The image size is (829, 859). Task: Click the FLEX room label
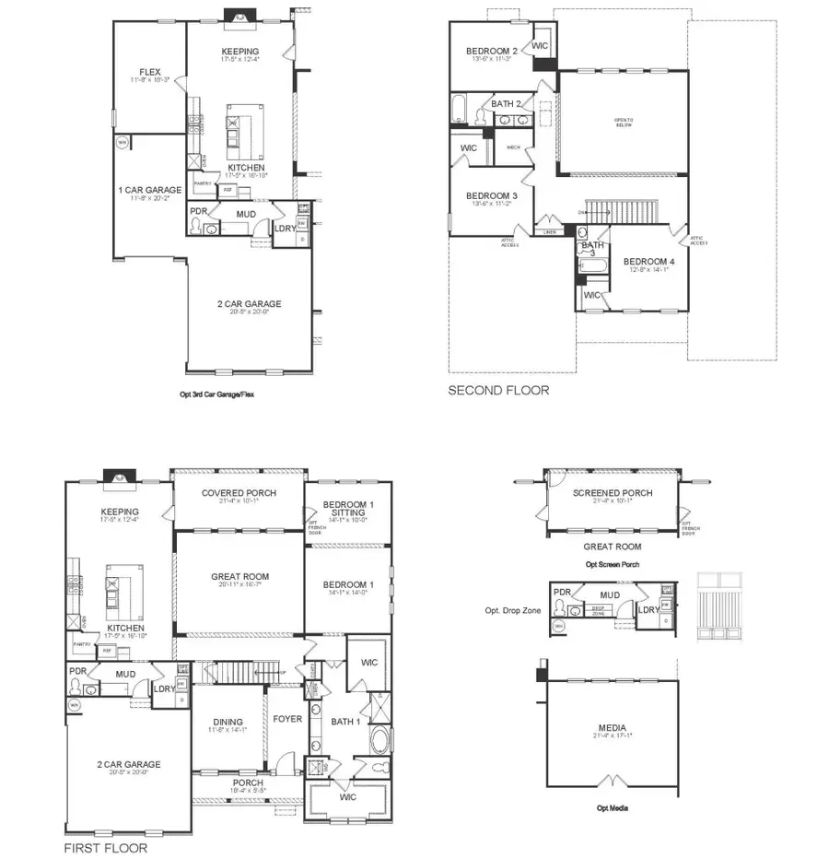click(150, 72)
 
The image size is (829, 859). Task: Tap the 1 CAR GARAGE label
click(150, 190)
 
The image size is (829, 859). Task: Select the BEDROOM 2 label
click(490, 51)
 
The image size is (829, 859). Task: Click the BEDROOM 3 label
click(491, 196)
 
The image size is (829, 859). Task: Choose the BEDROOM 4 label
click(648, 262)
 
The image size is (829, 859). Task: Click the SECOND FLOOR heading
click(498, 391)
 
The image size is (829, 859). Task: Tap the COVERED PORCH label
click(239, 493)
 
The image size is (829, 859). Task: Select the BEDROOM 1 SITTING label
click(348, 510)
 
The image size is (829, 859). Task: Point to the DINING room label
click(227, 722)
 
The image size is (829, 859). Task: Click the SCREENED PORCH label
click(613, 493)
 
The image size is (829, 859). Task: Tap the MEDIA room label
click(612, 728)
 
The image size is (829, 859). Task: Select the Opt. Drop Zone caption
click(514, 610)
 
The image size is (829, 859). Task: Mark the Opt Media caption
click(613, 808)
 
